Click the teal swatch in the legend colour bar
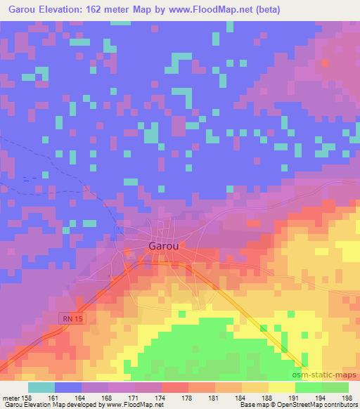coord(41,387)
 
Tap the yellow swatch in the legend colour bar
coord(281,387)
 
